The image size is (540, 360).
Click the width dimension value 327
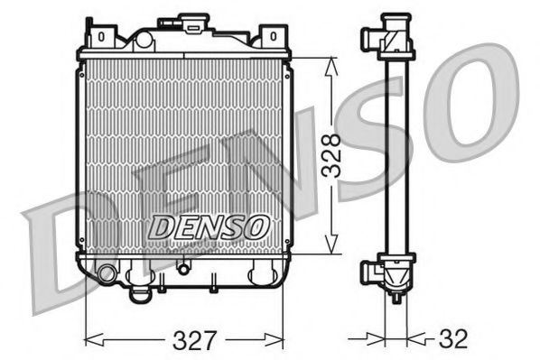pos(196,340)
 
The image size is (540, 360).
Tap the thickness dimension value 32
pos(454,340)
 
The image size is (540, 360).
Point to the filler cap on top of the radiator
pos(192,23)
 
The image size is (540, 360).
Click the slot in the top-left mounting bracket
pos(101,37)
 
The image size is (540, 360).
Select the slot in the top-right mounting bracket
pos(268,37)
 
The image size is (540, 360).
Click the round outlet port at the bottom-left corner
pos(107,272)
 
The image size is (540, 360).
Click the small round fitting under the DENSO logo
pos(183,267)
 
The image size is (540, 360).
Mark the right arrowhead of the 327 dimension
pos(282,340)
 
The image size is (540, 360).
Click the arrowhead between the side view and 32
pos(417,340)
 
